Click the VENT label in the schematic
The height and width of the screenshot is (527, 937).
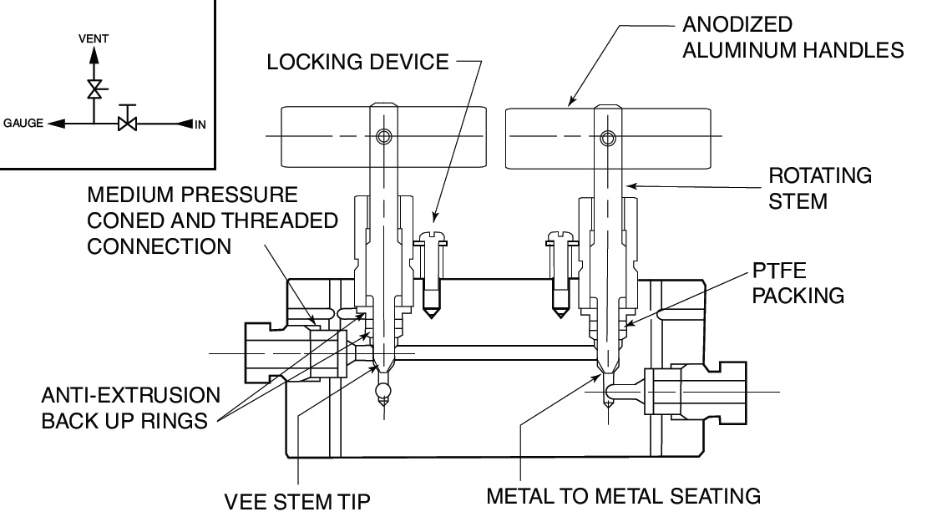(94, 38)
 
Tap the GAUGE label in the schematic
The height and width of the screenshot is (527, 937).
(22, 124)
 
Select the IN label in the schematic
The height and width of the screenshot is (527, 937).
(200, 124)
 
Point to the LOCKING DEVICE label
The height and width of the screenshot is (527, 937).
(357, 63)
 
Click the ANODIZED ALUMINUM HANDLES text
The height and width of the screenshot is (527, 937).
(793, 37)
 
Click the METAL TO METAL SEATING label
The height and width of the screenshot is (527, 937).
(624, 495)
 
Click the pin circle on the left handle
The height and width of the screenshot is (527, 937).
(383, 136)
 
